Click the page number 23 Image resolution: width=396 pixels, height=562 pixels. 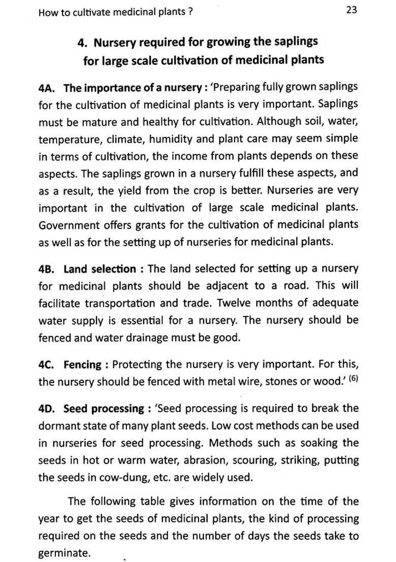pyautogui.click(x=352, y=10)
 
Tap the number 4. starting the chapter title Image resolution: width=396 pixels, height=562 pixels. pyautogui.click(x=83, y=42)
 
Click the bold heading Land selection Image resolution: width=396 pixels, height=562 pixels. pyautogui.click(x=100, y=269)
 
